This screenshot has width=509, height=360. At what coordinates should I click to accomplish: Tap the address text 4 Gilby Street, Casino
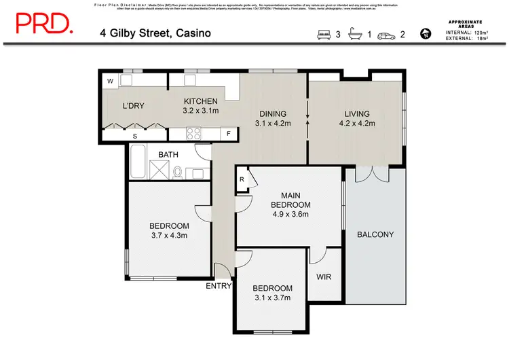click(155, 33)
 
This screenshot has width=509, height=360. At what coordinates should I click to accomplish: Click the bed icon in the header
click(323, 34)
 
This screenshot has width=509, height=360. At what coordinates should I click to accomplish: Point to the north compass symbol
click(426, 33)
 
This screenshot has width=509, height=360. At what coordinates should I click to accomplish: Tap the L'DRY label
click(132, 107)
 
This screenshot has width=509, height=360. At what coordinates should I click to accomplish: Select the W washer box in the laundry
click(110, 82)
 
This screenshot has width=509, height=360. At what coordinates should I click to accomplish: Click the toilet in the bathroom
click(176, 171)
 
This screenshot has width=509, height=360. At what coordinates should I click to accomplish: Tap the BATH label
click(168, 155)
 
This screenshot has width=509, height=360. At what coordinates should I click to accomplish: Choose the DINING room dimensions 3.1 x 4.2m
click(272, 124)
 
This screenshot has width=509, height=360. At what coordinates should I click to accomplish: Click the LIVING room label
click(356, 113)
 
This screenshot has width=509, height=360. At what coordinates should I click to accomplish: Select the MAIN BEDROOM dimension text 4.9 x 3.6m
click(290, 215)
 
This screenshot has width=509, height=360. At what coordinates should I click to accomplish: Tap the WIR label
click(324, 277)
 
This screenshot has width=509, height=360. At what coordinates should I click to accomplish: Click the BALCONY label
click(375, 235)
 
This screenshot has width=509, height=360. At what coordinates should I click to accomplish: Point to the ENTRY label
click(219, 286)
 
